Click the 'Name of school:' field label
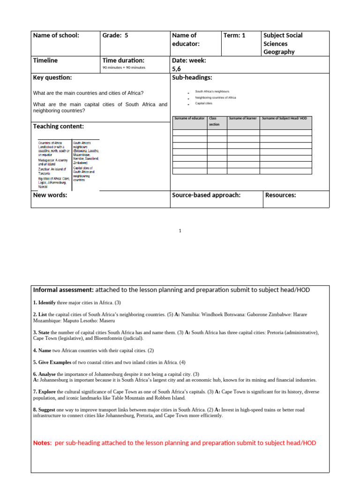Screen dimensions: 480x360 pos(56,35)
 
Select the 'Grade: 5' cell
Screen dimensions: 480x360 pos(115,35)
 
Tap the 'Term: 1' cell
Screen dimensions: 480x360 pos(235,35)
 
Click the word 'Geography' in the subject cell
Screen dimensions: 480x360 pos(279,52)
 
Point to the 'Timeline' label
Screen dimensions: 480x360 pos(45,60)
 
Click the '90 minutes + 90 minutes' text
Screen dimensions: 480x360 pos(124,67)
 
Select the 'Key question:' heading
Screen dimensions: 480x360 pos(52,77)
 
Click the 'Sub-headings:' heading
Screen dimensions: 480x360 pos(192,77)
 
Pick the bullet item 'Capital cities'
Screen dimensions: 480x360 pos(203,103)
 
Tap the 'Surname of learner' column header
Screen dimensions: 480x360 pos(243,118)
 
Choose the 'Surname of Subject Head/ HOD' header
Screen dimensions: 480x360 pos(285,118)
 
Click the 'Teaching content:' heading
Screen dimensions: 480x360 pos(59,127)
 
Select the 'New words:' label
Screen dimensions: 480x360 pos(50,195)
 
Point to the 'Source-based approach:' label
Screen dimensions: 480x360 pos(206,195)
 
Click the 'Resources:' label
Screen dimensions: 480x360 pos(281,195)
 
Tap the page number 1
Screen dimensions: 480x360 pos(180,231)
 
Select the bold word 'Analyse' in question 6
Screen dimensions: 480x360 pos(46,374)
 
